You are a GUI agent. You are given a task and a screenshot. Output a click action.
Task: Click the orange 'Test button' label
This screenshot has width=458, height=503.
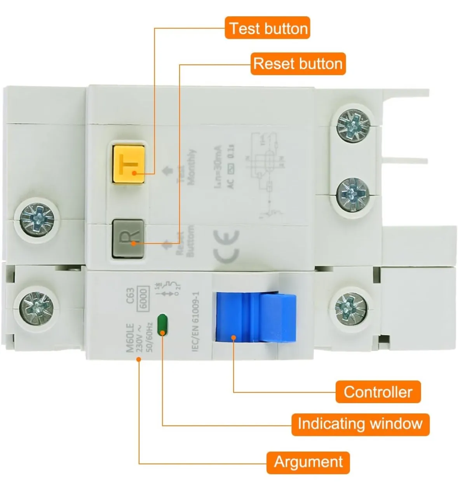(x=268, y=28)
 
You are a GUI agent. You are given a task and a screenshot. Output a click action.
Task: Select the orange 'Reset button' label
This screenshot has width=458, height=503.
(x=298, y=64)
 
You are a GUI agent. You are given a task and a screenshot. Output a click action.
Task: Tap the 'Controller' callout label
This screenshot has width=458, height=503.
(x=378, y=392)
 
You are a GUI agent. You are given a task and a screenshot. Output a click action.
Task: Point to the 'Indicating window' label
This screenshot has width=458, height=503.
(x=360, y=424)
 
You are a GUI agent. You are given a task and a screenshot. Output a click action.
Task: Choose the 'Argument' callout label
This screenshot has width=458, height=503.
(x=308, y=462)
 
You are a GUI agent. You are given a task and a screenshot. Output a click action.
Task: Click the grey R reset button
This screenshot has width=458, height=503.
(x=128, y=238)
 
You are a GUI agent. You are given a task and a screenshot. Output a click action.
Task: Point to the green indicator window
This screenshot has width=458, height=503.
(x=162, y=324)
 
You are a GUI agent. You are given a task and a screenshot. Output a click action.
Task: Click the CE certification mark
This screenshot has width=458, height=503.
(x=226, y=245)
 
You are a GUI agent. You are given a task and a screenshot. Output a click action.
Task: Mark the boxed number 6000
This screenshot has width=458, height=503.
(x=143, y=299)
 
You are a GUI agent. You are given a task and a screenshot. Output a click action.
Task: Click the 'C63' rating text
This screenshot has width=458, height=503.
(x=130, y=295)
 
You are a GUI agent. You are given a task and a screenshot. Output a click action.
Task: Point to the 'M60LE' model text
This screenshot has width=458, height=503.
(x=130, y=338)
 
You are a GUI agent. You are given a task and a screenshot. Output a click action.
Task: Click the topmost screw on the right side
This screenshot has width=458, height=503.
(x=353, y=125)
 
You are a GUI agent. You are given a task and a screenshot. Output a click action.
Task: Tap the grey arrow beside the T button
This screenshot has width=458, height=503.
(x=167, y=171)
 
